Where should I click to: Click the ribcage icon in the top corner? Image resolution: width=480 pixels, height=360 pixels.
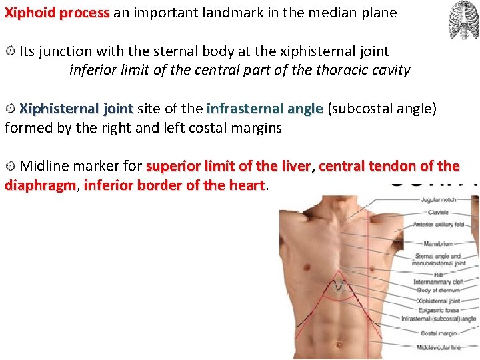(x=463, y=20)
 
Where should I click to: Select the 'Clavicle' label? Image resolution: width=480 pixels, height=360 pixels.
(x=438, y=212)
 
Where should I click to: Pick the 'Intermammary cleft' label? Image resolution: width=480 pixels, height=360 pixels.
(x=438, y=282)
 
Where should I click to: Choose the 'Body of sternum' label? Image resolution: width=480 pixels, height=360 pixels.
(x=439, y=290)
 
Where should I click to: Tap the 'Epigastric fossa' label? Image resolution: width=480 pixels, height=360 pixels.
(x=438, y=310)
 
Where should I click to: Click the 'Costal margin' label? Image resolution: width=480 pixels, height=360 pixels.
(x=438, y=333)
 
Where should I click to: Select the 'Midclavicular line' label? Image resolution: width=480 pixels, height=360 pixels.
(x=438, y=347)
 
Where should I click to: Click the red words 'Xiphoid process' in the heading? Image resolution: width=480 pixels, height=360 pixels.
(x=57, y=13)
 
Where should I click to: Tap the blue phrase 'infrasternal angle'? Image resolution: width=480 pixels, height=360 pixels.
(x=265, y=108)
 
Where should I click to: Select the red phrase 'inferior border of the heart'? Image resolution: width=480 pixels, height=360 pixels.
(x=175, y=185)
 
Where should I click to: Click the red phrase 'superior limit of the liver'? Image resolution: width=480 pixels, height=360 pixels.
(x=228, y=166)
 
